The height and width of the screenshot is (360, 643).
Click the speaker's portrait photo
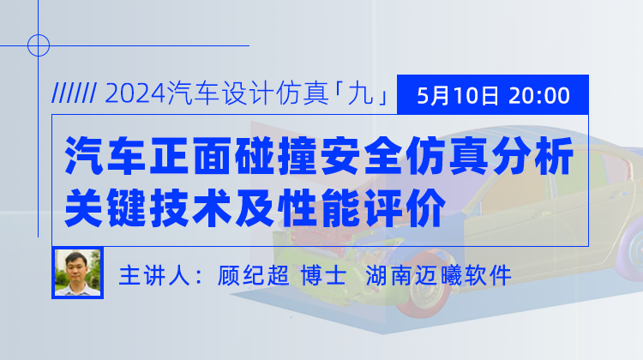(x=77, y=273)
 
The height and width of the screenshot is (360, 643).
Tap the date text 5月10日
(x=458, y=95)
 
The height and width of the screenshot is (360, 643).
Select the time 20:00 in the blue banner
(x=539, y=95)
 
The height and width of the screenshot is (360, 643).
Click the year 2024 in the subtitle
(x=135, y=94)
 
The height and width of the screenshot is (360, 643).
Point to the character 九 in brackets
(x=360, y=93)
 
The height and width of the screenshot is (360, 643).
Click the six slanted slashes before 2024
(x=75, y=93)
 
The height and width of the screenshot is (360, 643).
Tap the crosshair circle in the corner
(x=39, y=45)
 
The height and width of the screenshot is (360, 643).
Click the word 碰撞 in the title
(x=276, y=156)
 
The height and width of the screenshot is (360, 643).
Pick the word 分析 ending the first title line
(x=532, y=156)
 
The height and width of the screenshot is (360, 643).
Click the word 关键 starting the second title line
(x=105, y=207)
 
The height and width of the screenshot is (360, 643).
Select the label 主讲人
(x=154, y=275)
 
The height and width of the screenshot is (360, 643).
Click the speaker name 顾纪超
(x=253, y=275)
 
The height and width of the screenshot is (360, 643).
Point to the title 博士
(x=324, y=275)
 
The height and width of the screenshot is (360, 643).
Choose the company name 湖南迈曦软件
(x=438, y=275)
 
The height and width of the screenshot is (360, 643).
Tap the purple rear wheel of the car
(x=633, y=245)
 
